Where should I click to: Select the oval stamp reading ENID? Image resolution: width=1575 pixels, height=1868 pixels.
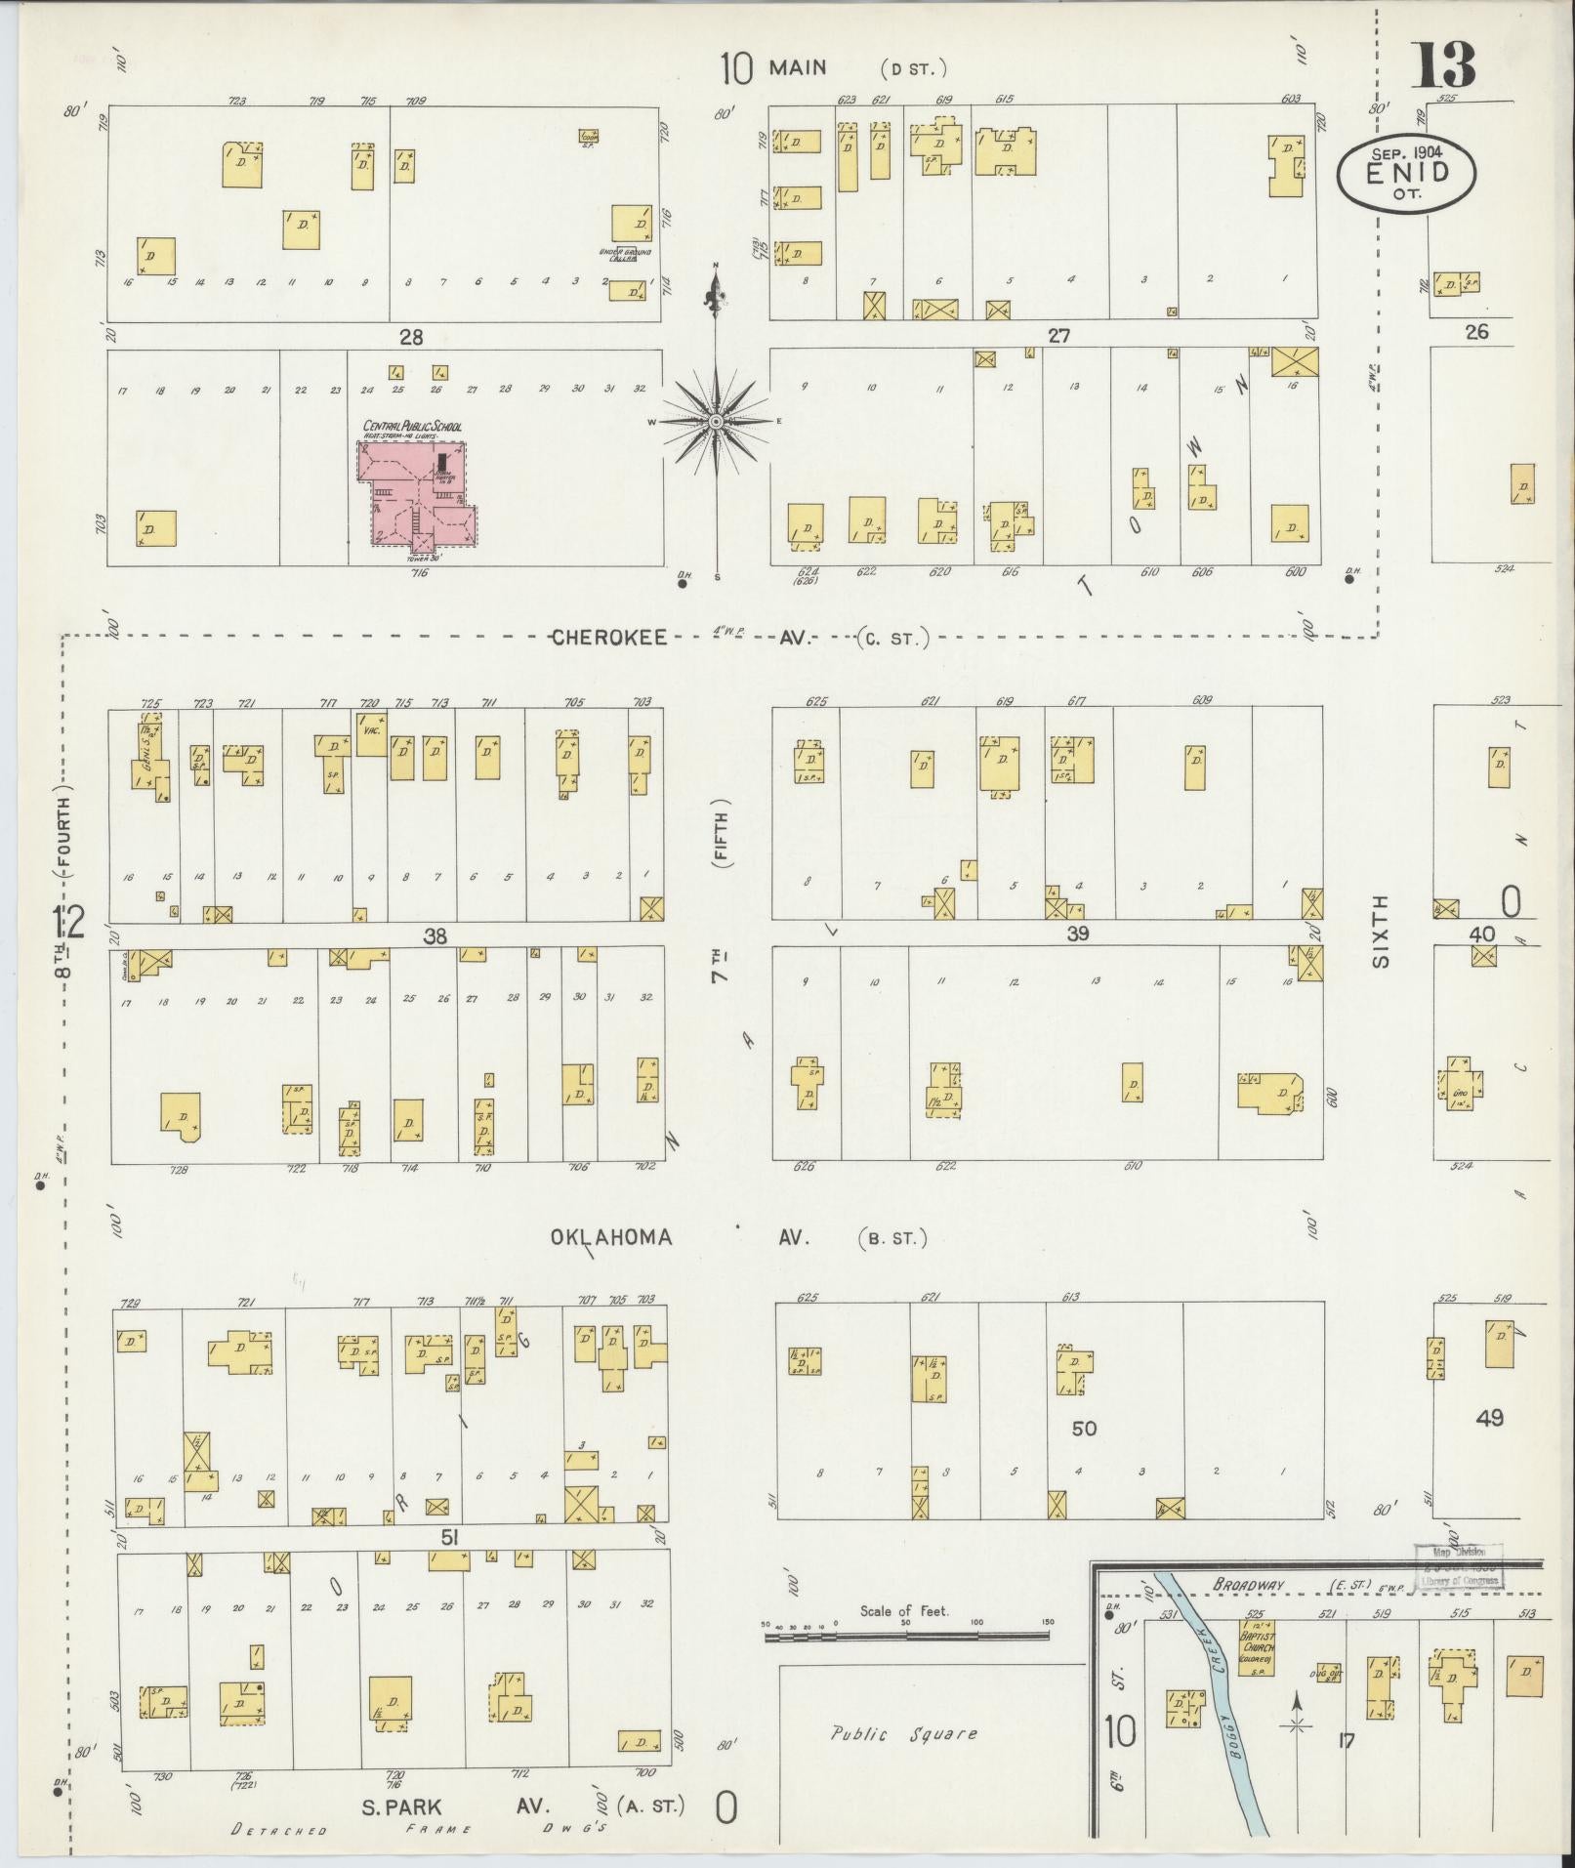(x=1406, y=172)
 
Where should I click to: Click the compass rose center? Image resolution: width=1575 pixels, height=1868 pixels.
(x=717, y=421)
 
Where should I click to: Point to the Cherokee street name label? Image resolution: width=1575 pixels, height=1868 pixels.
(x=609, y=638)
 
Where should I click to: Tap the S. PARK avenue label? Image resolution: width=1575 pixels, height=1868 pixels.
(x=401, y=1806)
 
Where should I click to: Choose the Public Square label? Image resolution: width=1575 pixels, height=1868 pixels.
(x=903, y=1734)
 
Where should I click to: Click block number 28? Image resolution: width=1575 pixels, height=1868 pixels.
(x=411, y=337)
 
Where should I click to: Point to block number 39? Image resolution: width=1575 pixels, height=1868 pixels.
(x=1077, y=934)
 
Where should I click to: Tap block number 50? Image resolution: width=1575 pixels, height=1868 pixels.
(x=1084, y=1429)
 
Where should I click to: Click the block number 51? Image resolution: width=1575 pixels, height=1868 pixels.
(x=449, y=1538)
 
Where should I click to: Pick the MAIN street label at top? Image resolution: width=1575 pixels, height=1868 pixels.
(x=798, y=68)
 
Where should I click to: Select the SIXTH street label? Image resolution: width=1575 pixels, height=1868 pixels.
(x=1380, y=934)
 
